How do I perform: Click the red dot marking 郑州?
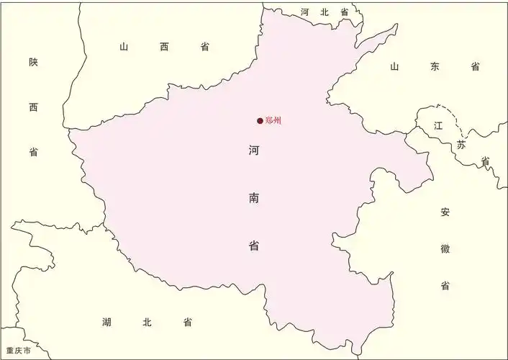tap(260, 121)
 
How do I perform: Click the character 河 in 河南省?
tap(254, 151)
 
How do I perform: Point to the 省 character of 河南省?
tap(254, 246)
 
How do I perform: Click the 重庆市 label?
tap(18, 351)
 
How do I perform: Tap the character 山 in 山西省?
tap(124, 47)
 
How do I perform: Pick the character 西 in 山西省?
tap(164, 47)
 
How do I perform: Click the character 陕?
tap(33, 63)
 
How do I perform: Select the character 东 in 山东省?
tap(434, 66)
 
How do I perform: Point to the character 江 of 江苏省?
tap(438, 125)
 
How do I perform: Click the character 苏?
tap(461, 145)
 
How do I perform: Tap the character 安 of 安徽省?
tap(445, 212)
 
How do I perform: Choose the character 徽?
tap(445, 249)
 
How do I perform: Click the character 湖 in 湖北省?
tap(106, 322)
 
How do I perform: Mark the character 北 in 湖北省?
tap(147, 322)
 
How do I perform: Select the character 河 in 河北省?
tap(305, 12)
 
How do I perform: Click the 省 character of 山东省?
tap(475, 66)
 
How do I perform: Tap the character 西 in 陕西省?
tap(33, 107)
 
